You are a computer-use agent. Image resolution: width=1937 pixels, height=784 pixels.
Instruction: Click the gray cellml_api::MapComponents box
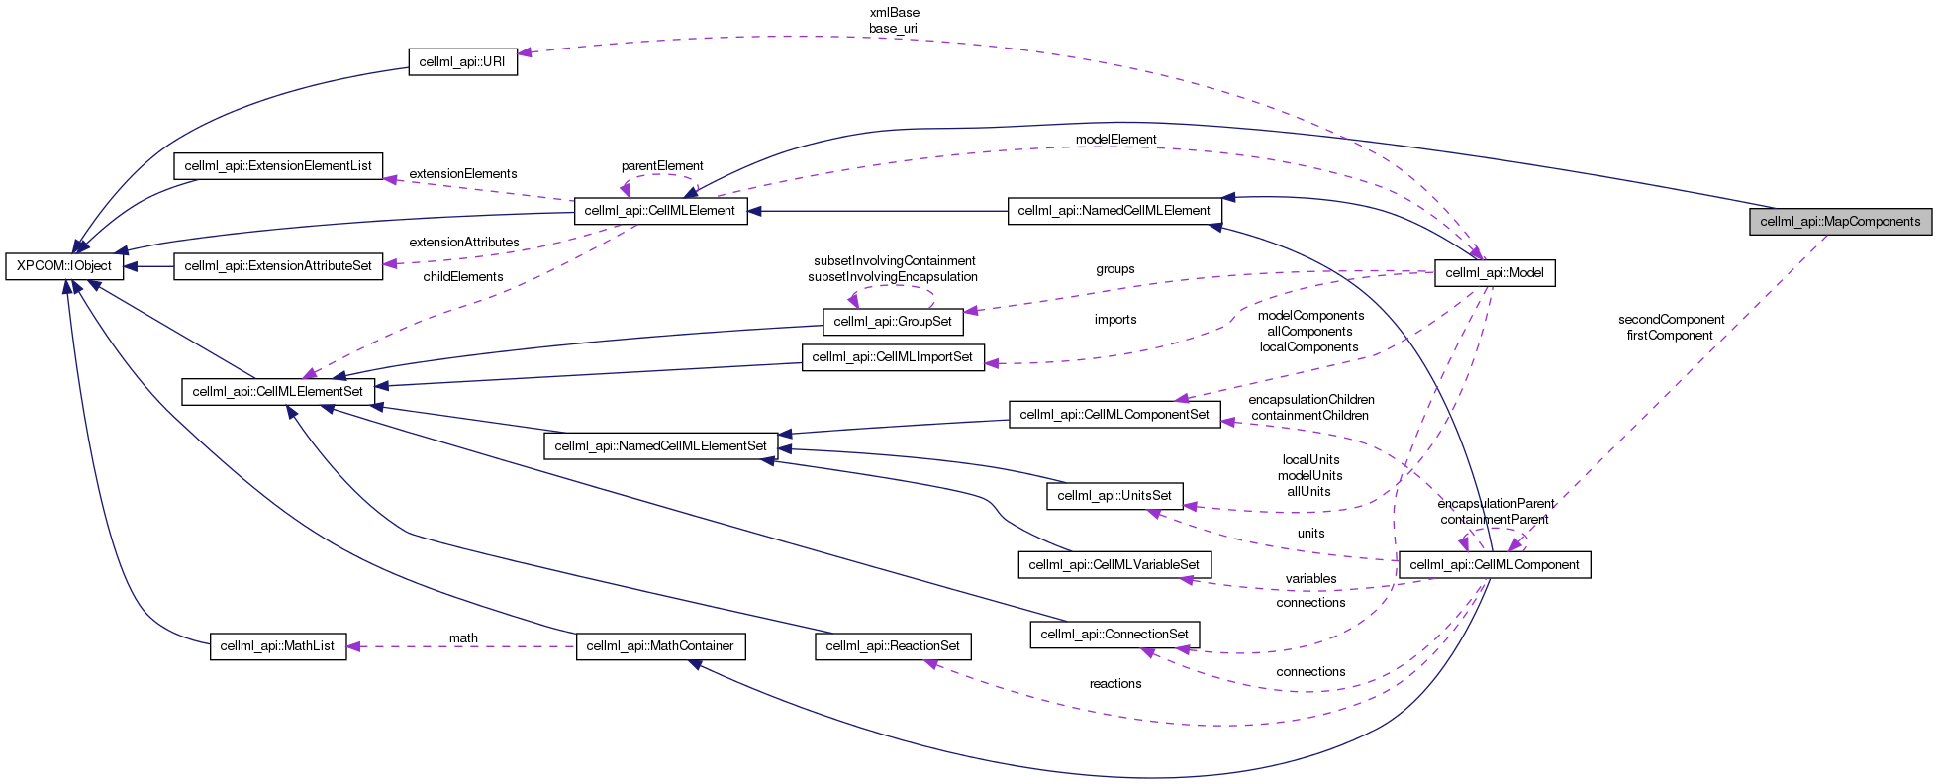click(x=1840, y=221)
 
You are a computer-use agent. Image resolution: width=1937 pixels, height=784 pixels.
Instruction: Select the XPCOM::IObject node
click(x=64, y=266)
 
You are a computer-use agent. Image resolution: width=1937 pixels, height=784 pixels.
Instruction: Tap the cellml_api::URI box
click(x=462, y=61)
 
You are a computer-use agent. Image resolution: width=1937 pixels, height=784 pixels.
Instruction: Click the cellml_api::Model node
click(x=1495, y=272)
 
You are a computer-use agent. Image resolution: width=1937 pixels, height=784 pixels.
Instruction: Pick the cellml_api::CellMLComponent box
click(x=1494, y=564)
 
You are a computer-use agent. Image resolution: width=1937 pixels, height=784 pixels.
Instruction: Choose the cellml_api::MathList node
click(x=278, y=646)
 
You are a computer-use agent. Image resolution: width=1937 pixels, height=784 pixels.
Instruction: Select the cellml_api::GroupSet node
click(x=893, y=322)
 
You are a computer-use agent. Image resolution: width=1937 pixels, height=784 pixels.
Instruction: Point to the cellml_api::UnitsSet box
click(x=1114, y=495)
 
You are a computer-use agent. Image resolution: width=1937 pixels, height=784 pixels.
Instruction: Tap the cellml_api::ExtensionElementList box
click(x=278, y=166)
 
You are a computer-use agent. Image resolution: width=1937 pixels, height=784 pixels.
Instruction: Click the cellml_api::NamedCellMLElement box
click(x=1114, y=211)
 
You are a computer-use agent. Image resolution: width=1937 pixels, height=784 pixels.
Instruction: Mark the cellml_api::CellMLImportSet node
click(x=893, y=357)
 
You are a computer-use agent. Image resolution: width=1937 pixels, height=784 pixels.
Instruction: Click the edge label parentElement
click(x=662, y=166)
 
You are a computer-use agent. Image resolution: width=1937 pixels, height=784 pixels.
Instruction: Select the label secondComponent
click(x=1672, y=320)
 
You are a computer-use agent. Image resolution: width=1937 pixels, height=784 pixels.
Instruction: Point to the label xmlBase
click(x=894, y=13)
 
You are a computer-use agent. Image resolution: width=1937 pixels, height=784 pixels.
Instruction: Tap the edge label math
click(x=463, y=638)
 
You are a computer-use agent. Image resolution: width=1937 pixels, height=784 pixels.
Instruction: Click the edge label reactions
click(x=1115, y=684)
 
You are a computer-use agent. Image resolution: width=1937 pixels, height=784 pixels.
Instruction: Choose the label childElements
click(x=463, y=277)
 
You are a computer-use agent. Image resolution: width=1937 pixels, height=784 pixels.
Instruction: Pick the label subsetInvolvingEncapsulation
click(x=893, y=277)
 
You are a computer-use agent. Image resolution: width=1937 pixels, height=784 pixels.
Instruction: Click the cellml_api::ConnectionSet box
click(x=1114, y=635)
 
